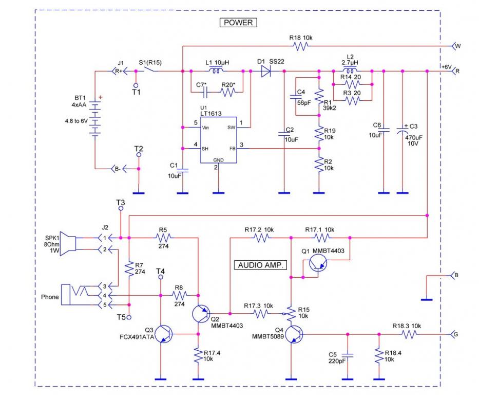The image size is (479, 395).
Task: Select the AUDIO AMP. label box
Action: click(261, 265)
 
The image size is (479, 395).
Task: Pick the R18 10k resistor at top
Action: click(300, 46)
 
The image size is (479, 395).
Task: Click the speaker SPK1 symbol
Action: click(68, 243)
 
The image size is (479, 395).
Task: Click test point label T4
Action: click(161, 271)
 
